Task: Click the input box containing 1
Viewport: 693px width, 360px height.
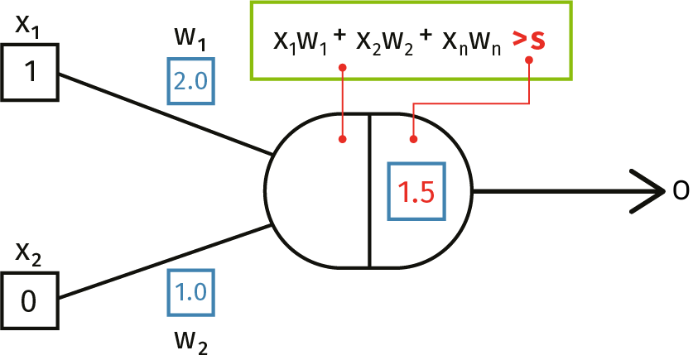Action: [29, 72]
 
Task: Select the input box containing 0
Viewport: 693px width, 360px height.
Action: [29, 301]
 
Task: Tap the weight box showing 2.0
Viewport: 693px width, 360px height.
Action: [191, 81]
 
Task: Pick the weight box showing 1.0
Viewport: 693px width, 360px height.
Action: [191, 292]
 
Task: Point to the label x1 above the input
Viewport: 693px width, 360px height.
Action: [29, 27]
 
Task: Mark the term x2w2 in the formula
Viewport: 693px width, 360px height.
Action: [384, 42]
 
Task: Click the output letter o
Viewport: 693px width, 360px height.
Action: [681, 191]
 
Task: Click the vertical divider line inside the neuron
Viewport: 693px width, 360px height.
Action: [369, 191]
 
